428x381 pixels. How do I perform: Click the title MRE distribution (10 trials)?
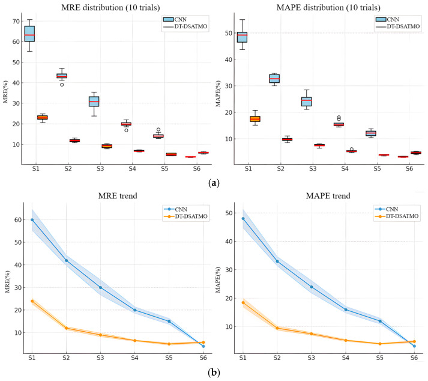point(110,7)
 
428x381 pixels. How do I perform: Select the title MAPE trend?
point(328,196)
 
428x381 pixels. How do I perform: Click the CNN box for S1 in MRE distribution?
point(29,34)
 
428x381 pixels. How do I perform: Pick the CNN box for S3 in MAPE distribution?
point(307,102)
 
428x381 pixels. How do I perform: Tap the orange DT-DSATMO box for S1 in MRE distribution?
point(42,117)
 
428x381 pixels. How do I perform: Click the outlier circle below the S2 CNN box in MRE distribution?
point(62,85)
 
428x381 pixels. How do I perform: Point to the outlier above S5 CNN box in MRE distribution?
point(158,130)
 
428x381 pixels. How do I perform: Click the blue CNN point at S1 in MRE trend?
point(32,220)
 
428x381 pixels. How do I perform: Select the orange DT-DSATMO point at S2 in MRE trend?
point(66,328)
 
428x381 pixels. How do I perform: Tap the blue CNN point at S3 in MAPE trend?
point(312,287)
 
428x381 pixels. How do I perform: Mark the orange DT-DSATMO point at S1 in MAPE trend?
point(243,302)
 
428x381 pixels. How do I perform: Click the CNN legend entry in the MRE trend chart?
point(175,209)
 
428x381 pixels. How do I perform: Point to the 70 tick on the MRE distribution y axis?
point(16,21)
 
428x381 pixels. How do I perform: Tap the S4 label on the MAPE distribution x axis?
point(345,169)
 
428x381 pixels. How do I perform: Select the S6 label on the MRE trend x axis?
point(203,358)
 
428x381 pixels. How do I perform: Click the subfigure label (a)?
point(214,183)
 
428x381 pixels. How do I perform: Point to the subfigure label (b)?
point(214,372)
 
